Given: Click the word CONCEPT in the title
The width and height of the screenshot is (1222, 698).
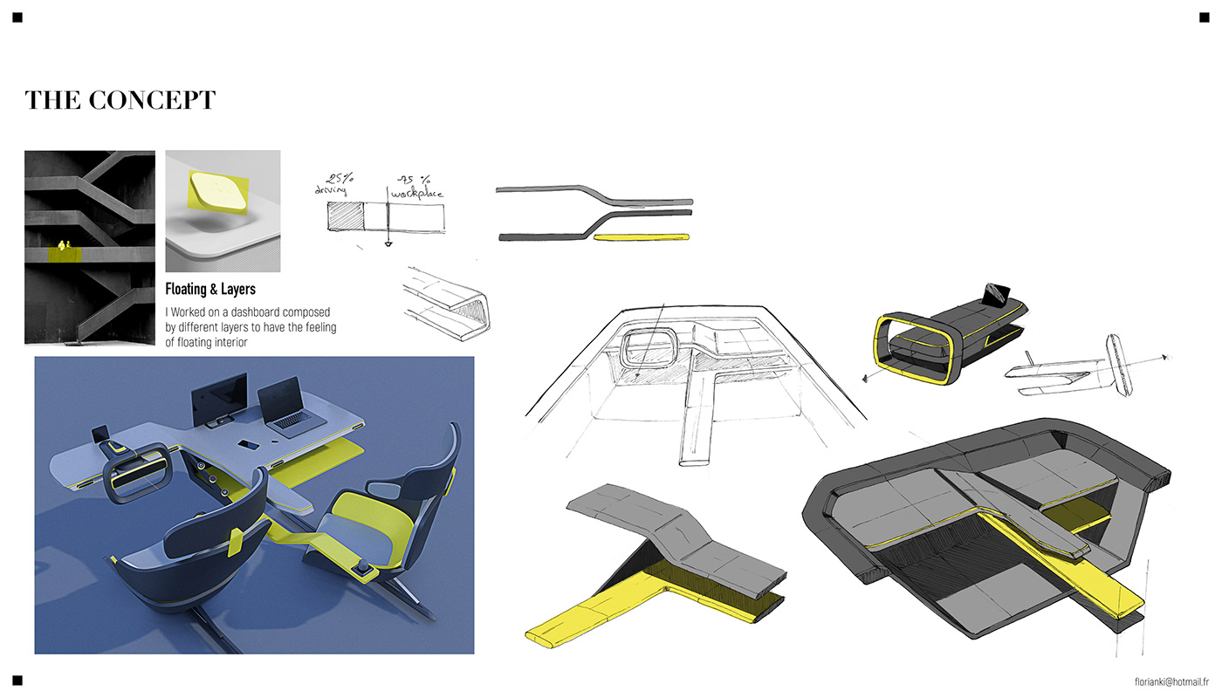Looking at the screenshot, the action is [152, 100].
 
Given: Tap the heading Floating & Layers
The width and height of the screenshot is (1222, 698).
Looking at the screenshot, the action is [210, 289].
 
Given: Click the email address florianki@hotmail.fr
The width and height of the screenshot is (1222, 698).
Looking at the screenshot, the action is [1171, 681].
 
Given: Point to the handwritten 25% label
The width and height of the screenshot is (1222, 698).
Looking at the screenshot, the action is [340, 178].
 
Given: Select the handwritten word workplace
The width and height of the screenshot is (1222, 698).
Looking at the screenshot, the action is [417, 193].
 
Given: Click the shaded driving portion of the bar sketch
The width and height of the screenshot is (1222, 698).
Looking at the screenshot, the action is [346, 216].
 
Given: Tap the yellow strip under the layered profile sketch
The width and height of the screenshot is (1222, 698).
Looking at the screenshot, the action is [641, 237].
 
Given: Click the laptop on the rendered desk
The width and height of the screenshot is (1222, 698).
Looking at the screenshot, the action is [290, 408].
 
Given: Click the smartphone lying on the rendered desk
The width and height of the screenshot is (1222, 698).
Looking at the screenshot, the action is [249, 445].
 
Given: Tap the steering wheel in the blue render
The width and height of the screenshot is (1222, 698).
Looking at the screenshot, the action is [138, 475].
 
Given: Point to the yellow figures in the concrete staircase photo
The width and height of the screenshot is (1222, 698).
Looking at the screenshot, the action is [65, 245].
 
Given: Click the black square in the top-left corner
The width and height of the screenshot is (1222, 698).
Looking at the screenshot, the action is [17, 17].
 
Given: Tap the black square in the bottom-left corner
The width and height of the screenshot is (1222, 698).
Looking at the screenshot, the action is [17, 681].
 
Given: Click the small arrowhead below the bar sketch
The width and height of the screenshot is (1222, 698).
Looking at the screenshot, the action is [388, 244].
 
